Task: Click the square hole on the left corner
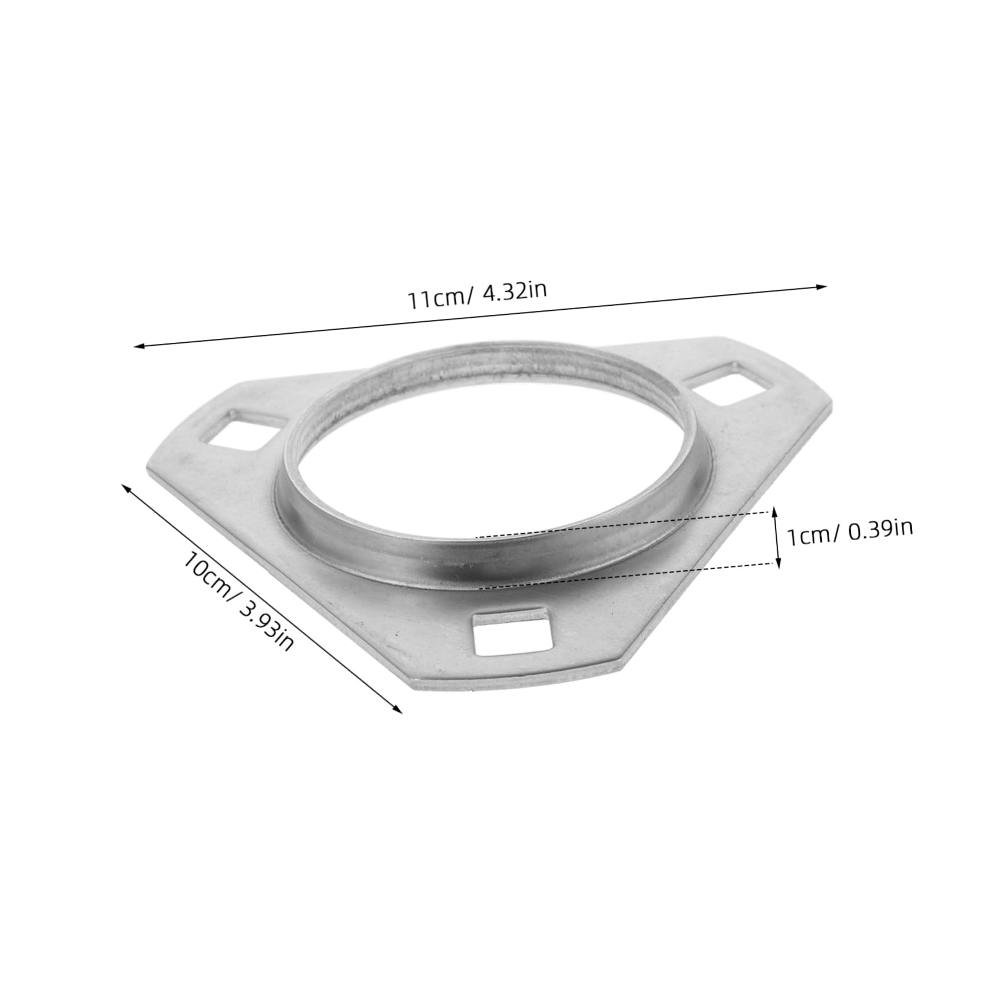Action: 239,427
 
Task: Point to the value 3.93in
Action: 266,624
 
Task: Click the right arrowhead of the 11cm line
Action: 822,286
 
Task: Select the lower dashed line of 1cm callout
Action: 627,576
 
